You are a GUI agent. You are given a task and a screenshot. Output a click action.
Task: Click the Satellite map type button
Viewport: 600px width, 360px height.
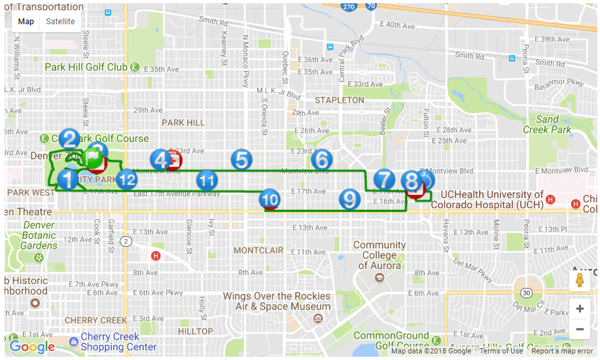pos(60,22)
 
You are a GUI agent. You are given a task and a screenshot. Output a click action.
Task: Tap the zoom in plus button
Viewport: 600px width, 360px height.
pos(580,308)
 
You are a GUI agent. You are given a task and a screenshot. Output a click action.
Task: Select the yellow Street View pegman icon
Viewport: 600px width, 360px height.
pos(580,281)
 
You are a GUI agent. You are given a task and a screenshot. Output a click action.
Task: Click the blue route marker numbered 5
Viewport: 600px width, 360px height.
pos(241,160)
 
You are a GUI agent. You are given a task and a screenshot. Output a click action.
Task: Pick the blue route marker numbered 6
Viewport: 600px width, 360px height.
pos(321,159)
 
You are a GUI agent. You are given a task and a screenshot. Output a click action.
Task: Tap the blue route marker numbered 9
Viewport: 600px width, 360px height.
pos(349,199)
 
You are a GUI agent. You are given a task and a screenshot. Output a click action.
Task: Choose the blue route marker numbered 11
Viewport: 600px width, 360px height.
pos(207,179)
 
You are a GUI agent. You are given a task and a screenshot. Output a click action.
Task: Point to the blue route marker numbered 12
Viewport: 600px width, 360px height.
pos(127,179)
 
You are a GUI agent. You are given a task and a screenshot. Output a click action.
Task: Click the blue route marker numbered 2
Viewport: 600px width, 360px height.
pos(69,138)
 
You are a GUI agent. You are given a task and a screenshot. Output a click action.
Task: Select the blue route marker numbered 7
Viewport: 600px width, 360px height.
pos(384,179)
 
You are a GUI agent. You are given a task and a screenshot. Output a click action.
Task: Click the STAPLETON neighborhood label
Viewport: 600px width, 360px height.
pos(339,100)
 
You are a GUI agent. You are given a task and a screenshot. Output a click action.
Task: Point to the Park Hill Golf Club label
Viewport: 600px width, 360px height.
pos(86,67)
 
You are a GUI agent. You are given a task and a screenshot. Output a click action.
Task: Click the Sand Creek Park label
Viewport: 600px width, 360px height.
pos(547,124)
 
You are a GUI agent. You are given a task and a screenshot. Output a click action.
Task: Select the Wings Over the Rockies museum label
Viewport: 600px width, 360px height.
pos(277,301)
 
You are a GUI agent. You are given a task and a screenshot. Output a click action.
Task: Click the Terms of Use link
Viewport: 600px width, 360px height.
pos(501,351)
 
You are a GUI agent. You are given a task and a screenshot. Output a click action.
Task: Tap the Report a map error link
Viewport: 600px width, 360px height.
pos(562,351)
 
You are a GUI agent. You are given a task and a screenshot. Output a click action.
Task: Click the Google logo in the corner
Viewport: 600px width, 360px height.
pos(32,347)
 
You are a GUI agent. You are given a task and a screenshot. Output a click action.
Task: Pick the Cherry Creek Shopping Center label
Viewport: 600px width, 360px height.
pos(118,342)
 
